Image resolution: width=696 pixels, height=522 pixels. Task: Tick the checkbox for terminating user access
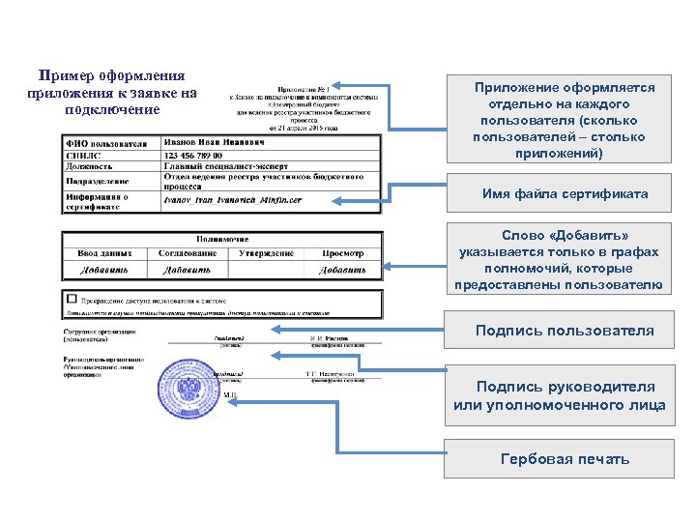coord(71,299)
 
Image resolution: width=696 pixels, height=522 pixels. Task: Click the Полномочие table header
coord(222,238)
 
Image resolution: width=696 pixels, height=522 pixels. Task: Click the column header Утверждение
coord(266,253)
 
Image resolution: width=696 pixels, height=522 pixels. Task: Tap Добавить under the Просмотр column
coord(344,270)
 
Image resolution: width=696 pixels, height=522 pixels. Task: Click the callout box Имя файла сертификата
coord(565,194)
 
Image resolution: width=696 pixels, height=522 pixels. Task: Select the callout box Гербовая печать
coord(565,458)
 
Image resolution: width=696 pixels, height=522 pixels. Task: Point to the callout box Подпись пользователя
coord(565,331)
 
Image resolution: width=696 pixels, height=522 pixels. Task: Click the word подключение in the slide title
coord(113,109)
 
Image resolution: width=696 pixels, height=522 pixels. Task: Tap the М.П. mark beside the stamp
coord(230,396)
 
